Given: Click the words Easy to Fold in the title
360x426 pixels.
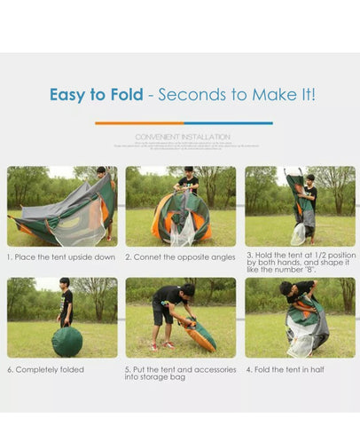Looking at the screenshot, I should coord(96,95).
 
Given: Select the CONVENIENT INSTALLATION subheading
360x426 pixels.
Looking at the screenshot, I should coord(183,137).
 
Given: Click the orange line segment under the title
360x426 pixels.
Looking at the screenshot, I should coord(138,123).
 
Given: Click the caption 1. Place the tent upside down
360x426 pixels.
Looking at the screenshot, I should coord(60,256).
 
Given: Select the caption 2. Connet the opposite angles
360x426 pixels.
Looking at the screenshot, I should coord(180,256).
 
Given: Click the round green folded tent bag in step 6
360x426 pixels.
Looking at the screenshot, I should coord(67,342).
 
